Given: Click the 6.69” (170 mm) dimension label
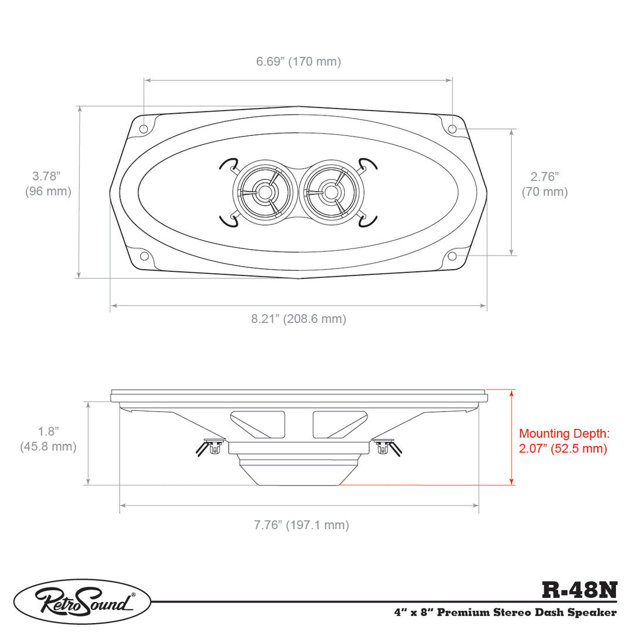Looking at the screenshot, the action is point(298,62).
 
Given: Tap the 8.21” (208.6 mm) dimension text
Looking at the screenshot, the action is point(299,319).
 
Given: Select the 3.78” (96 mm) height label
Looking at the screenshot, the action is point(48,183).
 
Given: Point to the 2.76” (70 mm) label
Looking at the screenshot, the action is point(544,184).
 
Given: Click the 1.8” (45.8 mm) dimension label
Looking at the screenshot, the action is point(48,439).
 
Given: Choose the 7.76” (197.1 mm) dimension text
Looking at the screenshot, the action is point(301,525).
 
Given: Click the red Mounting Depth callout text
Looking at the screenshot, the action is point(564,441).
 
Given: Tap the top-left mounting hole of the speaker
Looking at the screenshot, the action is point(144,129).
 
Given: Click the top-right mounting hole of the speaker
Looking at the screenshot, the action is point(452,129).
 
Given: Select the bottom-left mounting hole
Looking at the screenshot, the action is point(144,256).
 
